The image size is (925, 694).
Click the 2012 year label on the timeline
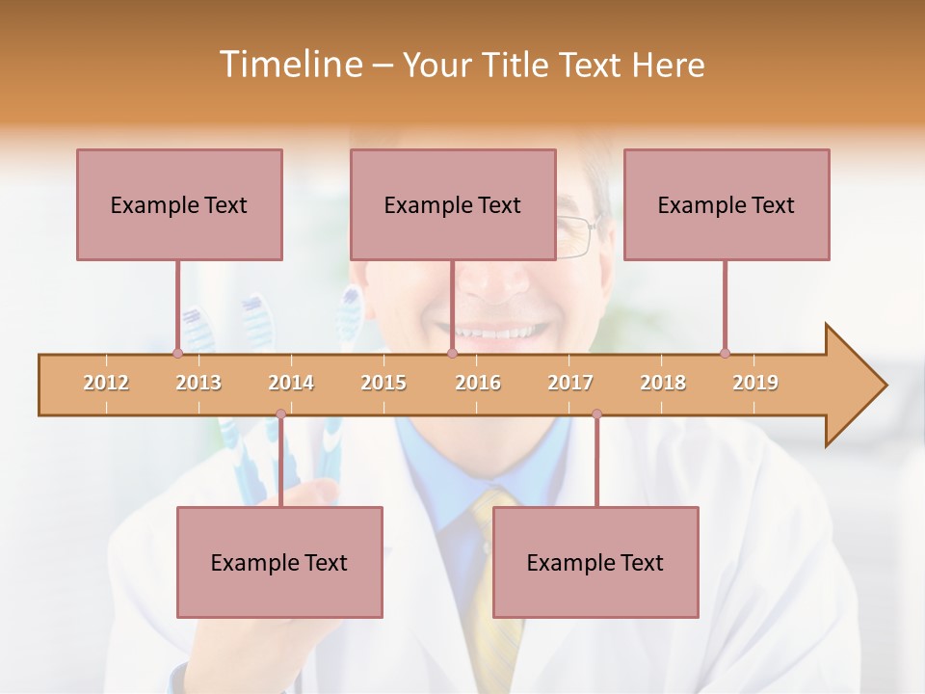106,383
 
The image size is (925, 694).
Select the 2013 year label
198,383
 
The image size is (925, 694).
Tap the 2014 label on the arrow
291,383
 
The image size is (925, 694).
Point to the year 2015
383,383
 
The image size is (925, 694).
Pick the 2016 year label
478,383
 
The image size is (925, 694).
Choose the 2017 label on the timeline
570,383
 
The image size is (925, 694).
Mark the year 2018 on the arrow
663,383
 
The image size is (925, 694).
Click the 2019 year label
755,383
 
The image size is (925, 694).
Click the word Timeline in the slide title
288,65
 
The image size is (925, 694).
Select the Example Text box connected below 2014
279,562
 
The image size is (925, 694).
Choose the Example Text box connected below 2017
595,562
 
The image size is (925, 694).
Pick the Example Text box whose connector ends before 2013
179,204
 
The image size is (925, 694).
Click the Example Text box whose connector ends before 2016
453,204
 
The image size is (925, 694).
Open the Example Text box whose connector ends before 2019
727,204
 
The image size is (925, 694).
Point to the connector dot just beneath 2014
280,414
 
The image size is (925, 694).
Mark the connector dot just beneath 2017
596,414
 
